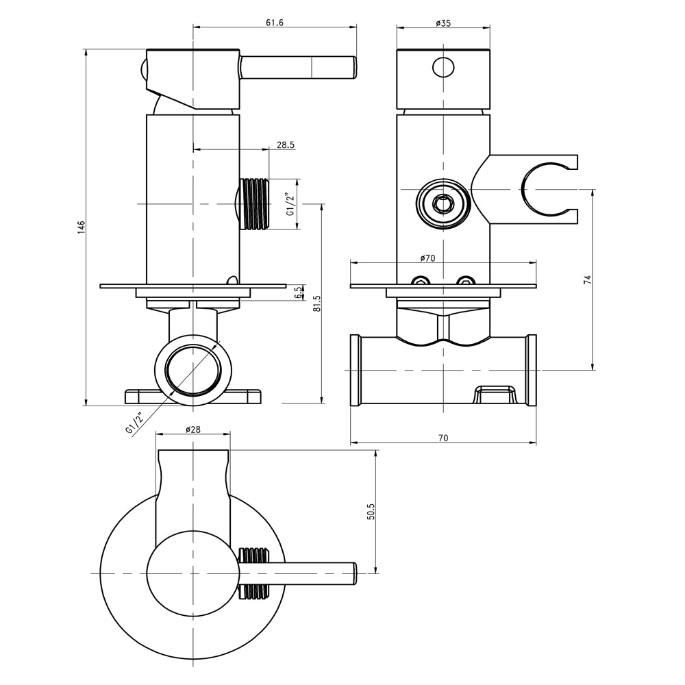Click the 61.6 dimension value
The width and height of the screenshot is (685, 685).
(x=275, y=23)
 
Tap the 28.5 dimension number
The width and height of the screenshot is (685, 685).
(x=286, y=145)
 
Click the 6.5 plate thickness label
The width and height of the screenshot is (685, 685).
(x=297, y=292)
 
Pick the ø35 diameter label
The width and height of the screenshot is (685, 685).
(x=443, y=23)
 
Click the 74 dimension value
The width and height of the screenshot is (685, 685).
(x=587, y=280)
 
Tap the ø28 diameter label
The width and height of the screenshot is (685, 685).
(x=192, y=429)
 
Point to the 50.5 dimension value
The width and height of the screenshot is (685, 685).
(x=371, y=512)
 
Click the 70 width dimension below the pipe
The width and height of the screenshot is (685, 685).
(x=443, y=438)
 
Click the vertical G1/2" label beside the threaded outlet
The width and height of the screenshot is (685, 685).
(x=291, y=204)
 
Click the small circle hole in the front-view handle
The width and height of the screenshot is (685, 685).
(x=443, y=66)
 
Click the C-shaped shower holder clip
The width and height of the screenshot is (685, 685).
(x=548, y=191)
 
